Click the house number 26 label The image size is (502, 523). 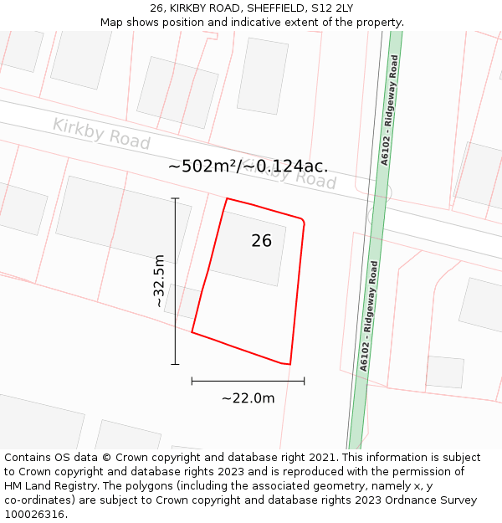pyautogui.click(x=261, y=241)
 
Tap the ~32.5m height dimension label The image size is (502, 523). pyautogui.click(x=159, y=281)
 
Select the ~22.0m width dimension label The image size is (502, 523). pyautogui.click(x=248, y=398)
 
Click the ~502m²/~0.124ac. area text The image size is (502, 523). pyautogui.click(x=248, y=166)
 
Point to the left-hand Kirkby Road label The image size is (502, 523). pyautogui.click(x=101, y=133)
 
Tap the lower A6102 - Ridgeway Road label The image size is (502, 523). pyautogui.click(x=369, y=315)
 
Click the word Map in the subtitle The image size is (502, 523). pyautogui.click(x=112, y=23)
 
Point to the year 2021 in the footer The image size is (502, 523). pyautogui.click(x=321, y=458)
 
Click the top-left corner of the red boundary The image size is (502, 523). pyautogui.click(x=227, y=198)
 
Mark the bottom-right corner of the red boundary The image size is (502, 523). pyautogui.click(x=289, y=365)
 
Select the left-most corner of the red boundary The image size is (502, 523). pyautogui.click(x=192, y=332)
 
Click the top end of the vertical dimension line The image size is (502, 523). pyautogui.click(x=175, y=198)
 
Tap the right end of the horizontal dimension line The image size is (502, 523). pyautogui.click(x=304, y=381)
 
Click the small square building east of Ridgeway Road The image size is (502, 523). pyautogui.click(x=444, y=372)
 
